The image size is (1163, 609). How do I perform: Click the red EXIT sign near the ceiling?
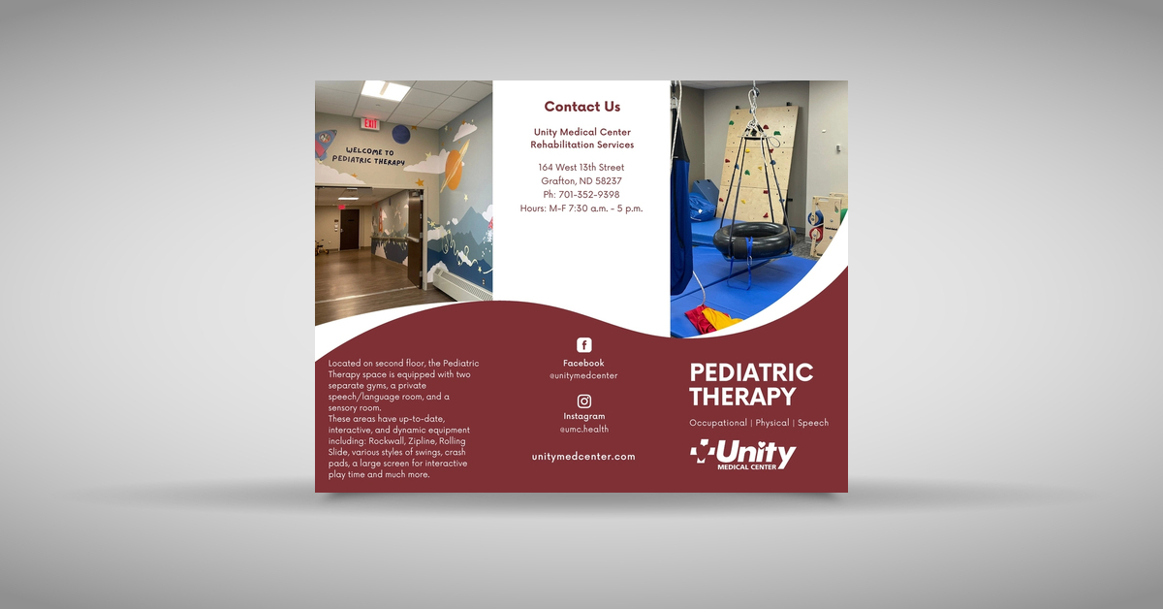pyautogui.click(x=370, y=124)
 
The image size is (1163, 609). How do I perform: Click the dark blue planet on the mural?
pyautogui.click(x=401, y=134)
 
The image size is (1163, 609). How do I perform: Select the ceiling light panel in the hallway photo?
pyautogui.click(x=385, y=90)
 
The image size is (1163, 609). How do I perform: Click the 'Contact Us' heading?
pyautogui.click(x=581, y=107)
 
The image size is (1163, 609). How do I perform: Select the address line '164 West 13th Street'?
pyautogui.click(x=581, y=168)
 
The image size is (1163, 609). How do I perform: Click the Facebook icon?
pyautogui.click(x=583, y=345)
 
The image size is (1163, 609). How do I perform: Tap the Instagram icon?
pyautogui.click(x=583, y=401)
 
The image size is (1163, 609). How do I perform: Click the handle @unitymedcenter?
pyautogui.click(x=583, y=375)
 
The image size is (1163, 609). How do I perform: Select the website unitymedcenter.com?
pyautogui.click(x=583, y=457)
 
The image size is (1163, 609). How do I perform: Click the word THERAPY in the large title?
pyautogui.click(x=742, y=397)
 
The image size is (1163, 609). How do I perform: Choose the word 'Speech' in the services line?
pyautogui.click(x=812, y=423)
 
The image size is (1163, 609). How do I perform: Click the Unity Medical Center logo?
pyautogui.click(x=742, y=455)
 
